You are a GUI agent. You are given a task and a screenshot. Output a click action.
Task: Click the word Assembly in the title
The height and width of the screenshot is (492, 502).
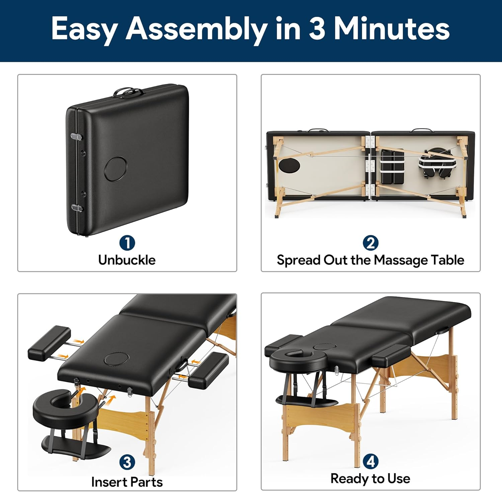[x=197, y=29]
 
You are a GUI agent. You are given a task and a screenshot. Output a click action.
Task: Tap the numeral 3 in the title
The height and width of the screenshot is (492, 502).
[x=317, y=29]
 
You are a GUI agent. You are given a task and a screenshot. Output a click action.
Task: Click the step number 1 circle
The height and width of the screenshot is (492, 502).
[x=127, y=243]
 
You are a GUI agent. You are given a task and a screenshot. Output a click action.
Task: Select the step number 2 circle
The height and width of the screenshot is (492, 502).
[x=370, y=243]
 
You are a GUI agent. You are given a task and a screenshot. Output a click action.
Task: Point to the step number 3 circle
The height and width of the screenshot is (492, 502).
[x=127, y=463]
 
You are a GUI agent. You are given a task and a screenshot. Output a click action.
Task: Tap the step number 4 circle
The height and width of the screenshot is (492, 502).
[x=370, y=462]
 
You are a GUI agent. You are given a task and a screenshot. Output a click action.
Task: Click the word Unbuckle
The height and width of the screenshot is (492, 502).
[x=127, y=260]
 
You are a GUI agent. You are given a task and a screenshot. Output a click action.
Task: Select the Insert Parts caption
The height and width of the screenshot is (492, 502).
[x=127, y=482]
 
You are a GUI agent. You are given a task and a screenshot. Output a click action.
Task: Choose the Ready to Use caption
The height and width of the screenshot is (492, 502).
[x=370, y=479]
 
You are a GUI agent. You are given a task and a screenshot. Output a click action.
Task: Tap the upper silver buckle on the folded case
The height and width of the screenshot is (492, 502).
[x=77, y=137]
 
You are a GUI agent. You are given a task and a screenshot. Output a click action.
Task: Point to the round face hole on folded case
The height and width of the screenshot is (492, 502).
[x=116, y=169]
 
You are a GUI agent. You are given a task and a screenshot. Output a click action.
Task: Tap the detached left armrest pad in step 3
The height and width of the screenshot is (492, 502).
[x=49, y=343]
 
